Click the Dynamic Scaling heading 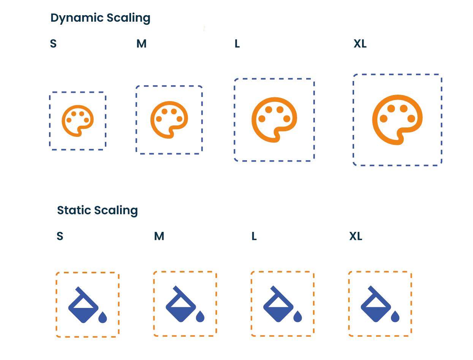point(100,18)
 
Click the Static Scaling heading point(98,210)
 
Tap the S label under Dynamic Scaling point(53,44)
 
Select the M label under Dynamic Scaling point(142,44)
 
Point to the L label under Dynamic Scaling point(237,44)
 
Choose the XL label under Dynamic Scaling point(360,44)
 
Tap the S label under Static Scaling point(59,236)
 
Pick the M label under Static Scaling point(158,236)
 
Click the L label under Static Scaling point(253,236)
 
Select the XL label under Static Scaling point(356,236)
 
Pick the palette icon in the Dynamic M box point(169,120)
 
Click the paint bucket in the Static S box point(83,306)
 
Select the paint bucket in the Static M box point(180,306)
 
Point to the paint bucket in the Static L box point(278,306)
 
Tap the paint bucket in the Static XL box point(375,306)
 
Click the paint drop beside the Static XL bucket point(395,317)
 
